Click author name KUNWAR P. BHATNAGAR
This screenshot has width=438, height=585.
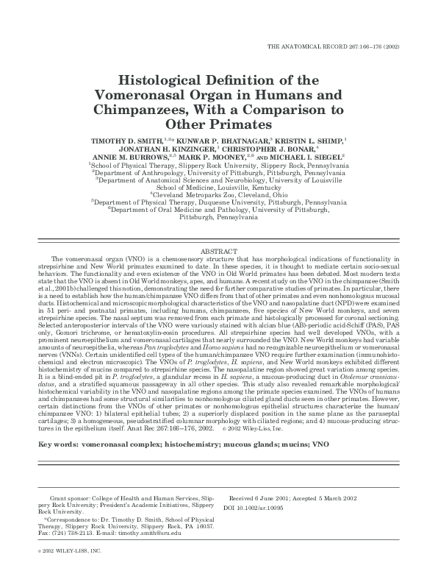(216, 139)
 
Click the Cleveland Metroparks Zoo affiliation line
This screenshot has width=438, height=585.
(218, 194)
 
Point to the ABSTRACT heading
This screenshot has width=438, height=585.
(219, 252)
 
